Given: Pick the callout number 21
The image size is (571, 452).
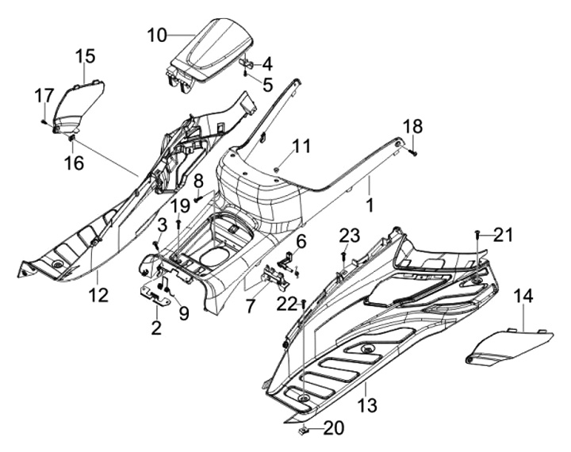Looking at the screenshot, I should coord(504,234).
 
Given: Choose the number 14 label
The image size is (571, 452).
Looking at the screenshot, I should coord(523,297).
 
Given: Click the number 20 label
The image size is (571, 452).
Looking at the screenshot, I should coord(334,428).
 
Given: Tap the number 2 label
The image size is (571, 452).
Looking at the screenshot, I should coord(156,328).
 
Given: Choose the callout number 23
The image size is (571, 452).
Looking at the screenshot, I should coord(350,234).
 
